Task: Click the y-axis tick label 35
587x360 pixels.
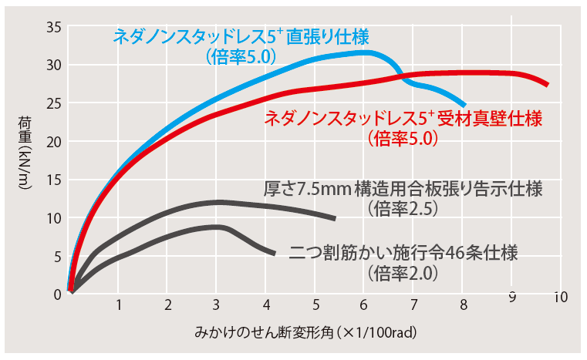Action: [x=53, y=27]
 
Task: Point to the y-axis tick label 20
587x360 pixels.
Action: [x=53, y=141]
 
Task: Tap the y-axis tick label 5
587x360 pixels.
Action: [x=57, y=256]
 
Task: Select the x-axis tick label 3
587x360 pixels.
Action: [x=217, y=304]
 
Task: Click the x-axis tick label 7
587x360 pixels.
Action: [x=414, y=304]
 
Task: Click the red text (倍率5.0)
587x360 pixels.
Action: [x=403, y=140]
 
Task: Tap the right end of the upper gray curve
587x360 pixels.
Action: [x=335, y=218]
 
